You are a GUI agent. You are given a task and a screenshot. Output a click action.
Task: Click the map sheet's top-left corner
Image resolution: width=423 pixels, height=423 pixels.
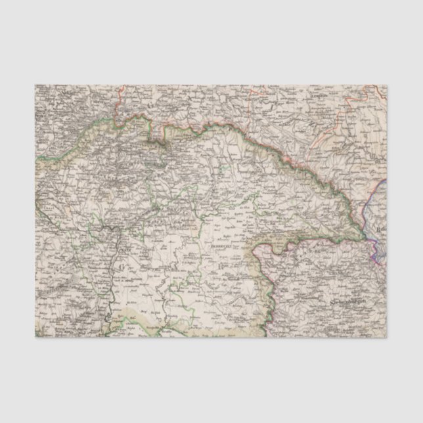35,85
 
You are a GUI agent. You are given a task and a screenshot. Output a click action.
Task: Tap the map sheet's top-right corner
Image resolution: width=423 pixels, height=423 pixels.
387,85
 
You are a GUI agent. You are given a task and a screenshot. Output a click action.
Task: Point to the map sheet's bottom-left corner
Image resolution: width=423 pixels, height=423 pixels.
35,338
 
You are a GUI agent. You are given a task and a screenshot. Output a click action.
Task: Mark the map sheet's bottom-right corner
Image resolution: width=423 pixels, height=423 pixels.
387,338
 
